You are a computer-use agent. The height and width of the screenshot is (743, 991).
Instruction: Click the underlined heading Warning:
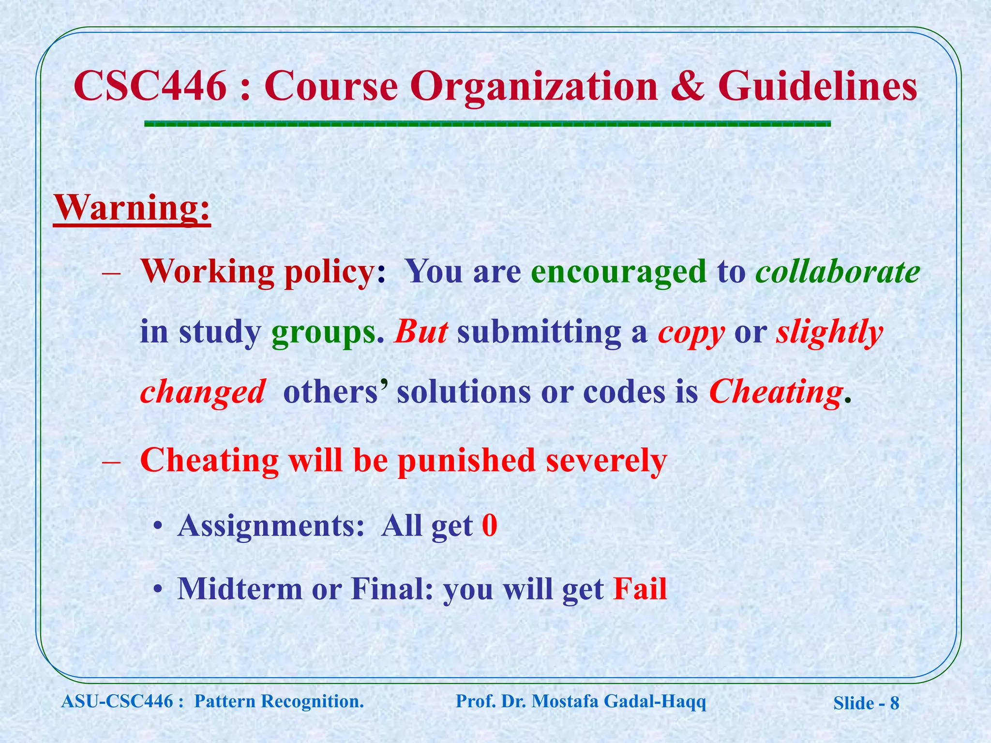[132, 208]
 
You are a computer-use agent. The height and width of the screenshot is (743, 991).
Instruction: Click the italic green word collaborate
[838, 272]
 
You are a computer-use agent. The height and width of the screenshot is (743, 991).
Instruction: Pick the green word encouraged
[618, 272]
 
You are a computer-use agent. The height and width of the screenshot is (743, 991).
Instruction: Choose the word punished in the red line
[466, 460]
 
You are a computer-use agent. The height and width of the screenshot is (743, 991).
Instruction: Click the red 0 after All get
[490, 526]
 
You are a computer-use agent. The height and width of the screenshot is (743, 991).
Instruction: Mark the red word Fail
[640, 589]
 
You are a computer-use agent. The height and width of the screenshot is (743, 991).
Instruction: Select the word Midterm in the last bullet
[240, 589]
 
